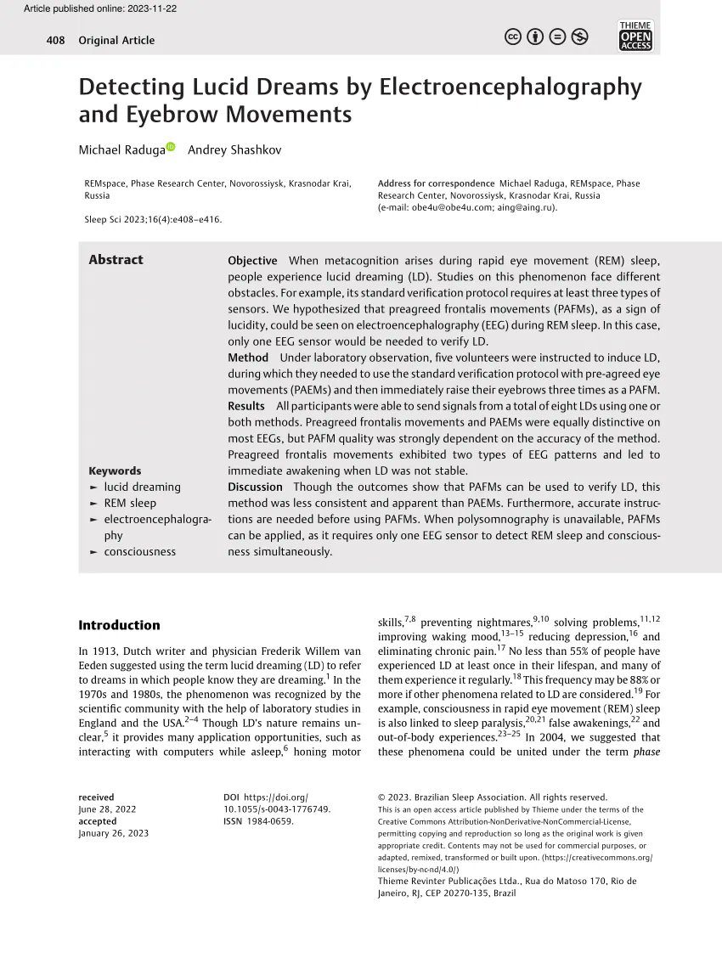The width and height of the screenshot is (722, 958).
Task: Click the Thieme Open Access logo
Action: point(635,36)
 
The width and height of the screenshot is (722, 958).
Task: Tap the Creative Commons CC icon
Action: point(513,37)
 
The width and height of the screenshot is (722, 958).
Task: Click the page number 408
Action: point(55,40)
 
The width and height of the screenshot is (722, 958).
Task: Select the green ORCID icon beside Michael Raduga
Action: point(170,148)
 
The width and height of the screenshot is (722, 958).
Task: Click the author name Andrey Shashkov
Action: point(234,150)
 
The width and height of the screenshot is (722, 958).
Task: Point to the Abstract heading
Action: point(116,260)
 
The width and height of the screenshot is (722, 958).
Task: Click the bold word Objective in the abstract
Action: point(252,261)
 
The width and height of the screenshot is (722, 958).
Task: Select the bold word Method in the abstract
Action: point(248,358)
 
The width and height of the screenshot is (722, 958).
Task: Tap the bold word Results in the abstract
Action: point(246,406)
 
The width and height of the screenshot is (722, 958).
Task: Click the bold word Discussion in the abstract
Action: point(255,487)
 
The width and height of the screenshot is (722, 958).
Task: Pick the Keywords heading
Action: point(115,471)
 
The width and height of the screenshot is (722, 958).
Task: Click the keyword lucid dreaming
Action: point(142,487)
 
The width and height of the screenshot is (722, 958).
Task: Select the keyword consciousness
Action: point(139,551)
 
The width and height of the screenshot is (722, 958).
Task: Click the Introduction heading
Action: point(119,625)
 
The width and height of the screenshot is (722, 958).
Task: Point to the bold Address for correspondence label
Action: point(436,183)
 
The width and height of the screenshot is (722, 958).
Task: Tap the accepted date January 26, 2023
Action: point(113,833)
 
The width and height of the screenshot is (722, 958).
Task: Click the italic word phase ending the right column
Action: point(646,752)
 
